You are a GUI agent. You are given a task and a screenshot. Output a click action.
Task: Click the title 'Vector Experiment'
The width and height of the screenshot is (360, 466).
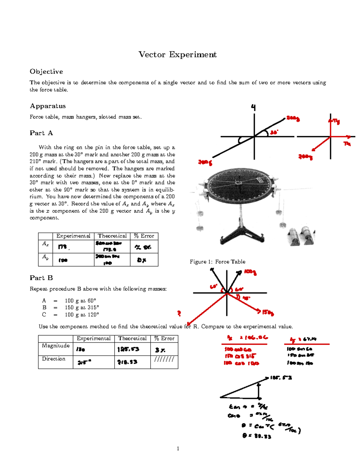click(x=177, y=55)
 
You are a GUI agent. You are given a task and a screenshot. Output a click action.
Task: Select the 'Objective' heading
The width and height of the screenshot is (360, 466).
click(x=46, y=72)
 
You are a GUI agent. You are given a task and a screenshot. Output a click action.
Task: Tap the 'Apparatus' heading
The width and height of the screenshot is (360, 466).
click(x=48, y=106)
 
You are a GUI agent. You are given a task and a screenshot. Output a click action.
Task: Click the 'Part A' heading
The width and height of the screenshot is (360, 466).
click(x=41, y=133)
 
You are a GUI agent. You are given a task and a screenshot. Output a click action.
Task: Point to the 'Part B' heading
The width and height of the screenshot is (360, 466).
click(x=41, y=278)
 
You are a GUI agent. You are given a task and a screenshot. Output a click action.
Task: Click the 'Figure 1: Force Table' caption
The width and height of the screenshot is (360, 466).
click(x=217, y=262)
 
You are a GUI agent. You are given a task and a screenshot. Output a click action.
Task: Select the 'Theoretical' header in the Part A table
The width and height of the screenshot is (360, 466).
click(x=112, y=236)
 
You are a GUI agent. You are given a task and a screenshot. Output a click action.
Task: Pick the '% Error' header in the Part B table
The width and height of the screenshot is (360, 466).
click(x=164, y=338)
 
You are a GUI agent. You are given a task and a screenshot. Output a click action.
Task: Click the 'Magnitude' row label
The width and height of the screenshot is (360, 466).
click(x=56, y=346)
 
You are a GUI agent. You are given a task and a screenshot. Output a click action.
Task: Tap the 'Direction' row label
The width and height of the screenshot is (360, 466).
click(x=54, y=359)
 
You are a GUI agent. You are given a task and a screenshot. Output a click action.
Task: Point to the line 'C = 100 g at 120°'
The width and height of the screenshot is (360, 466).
click(x=70, y=315)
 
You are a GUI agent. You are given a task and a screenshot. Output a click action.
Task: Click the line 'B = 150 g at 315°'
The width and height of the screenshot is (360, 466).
click(x=70, y=308)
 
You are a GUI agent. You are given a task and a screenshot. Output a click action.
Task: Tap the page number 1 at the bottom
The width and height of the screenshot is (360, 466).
click(x=178, y=449)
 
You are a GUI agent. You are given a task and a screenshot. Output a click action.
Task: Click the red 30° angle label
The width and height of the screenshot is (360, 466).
click(x=274, y=132)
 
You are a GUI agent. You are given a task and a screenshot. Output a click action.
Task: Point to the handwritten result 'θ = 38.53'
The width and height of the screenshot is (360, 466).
click(x=256, y=436)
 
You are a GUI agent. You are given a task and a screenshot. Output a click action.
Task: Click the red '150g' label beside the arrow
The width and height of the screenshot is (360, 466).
click(x=268, y=313)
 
